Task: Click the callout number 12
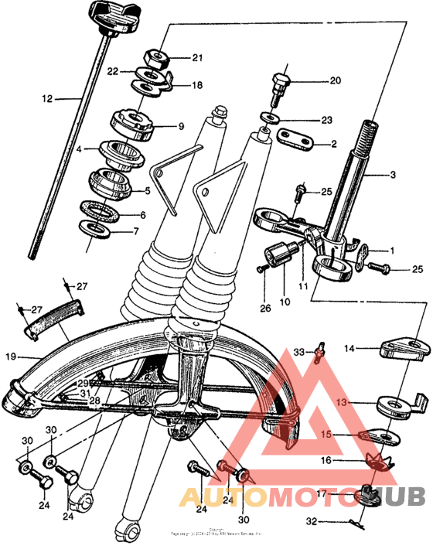(48, 98)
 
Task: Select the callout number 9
(180, 126)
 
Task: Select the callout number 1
(391, 251)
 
